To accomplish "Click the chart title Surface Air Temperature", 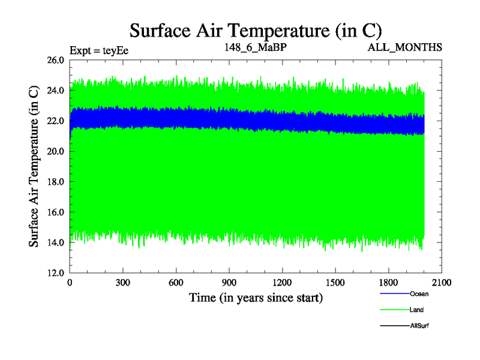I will tap(256, 31).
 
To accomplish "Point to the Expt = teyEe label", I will tap(99, 50).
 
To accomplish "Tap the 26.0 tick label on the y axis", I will tap(55, 60).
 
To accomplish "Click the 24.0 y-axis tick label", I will tap(55, 91).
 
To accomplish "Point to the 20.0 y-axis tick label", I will tap(55, 151).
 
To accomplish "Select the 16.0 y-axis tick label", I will tap(55, 212).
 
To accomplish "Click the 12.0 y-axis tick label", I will tap(55, 272).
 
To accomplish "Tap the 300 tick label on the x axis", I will tap(123, 283).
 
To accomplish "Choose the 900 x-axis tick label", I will tap(229, 283).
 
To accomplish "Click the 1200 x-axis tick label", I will tap(282, 283).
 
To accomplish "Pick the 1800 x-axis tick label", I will tap(388, 283).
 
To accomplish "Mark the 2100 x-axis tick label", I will tap(441, 283).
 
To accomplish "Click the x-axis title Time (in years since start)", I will tap(256, 298).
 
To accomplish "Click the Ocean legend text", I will tap(419, 294).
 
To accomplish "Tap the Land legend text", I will tap(416, 310).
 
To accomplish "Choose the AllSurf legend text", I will tap(419, 326).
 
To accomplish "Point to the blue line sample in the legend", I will tap(394, 294).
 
